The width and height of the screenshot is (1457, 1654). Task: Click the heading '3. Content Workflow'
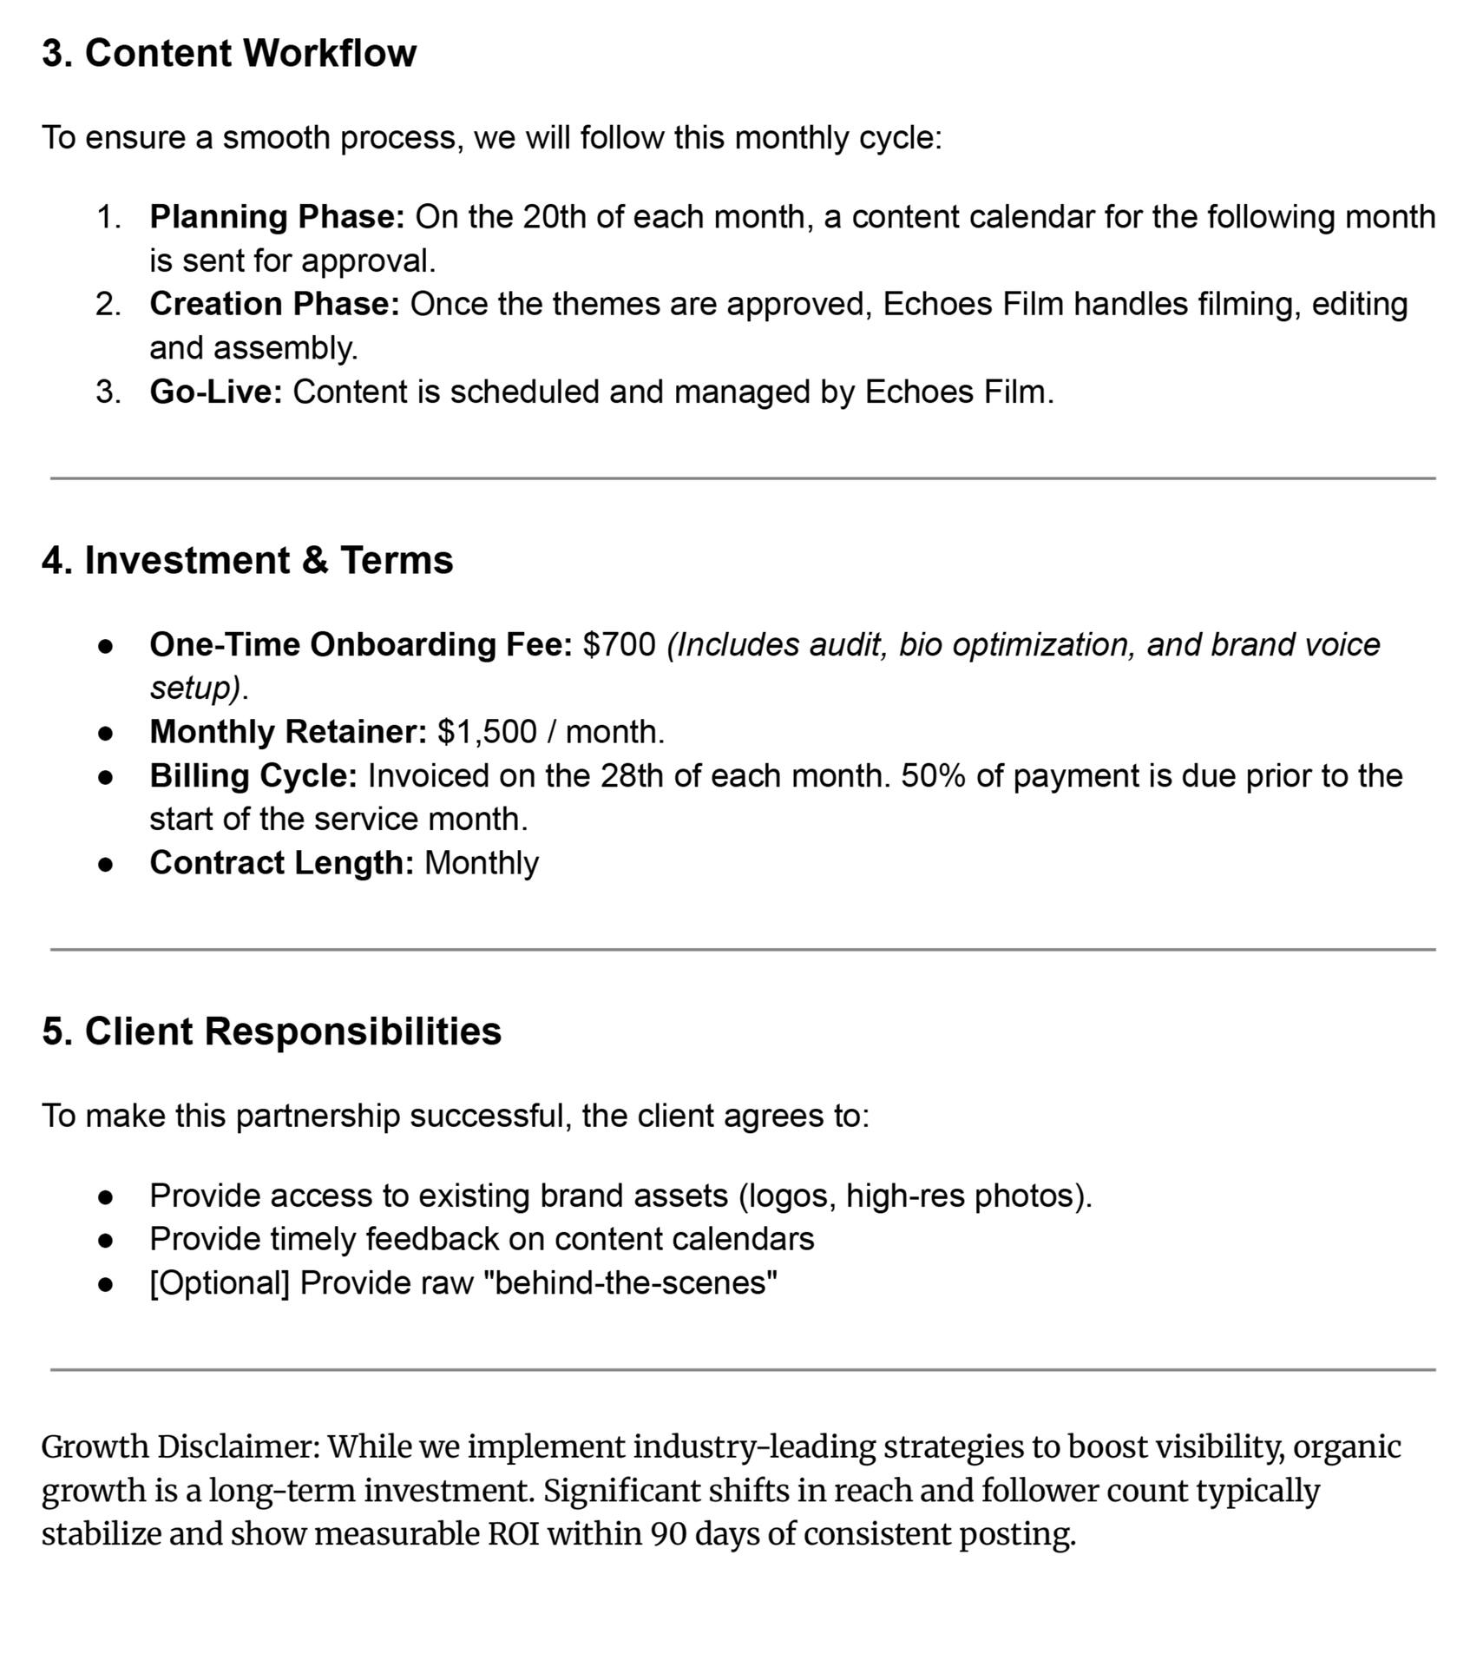click(229, 53)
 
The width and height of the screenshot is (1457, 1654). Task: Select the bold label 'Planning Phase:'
click(277, 217)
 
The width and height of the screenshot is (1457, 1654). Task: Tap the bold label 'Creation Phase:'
click(274, 304)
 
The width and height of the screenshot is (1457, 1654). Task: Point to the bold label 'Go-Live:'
click(216, 392)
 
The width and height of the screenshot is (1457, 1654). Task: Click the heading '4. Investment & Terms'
click(247, 560)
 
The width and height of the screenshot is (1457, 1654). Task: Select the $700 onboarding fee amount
click(620, 644)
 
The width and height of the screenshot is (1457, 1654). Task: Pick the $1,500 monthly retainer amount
click(487, 731)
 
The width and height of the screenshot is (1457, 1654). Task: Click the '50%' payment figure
click(933, 775)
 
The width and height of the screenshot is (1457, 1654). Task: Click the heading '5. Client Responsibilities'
click(272, 1031)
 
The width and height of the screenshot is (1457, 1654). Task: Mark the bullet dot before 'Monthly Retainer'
click(106, 733)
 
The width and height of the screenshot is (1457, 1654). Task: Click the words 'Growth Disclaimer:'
click(180, 1447)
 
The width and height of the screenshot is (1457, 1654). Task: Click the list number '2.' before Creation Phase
click(108, 304)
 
